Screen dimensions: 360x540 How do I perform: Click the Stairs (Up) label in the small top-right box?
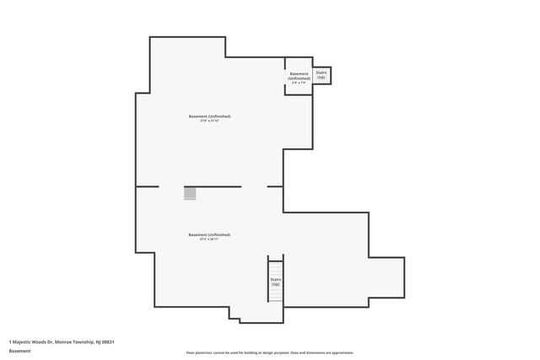pos(321,75)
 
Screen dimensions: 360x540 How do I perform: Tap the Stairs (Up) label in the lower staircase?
pos(276,282)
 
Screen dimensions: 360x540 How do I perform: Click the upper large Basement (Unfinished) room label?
pos(209,116)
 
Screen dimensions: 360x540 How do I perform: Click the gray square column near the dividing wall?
pos(190,193)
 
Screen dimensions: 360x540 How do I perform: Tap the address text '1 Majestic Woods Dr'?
pos(30,341)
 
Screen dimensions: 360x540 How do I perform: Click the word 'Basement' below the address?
pos(19,351)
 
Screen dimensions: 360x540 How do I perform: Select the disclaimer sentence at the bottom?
pos(270,352)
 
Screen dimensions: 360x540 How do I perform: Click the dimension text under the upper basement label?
pos(209,121)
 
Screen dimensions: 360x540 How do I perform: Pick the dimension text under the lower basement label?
pos(209,239)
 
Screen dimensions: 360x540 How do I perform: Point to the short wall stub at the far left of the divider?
pos(147,186)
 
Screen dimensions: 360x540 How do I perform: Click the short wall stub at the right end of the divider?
pos(275,186)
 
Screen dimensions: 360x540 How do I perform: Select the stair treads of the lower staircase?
pos(276,265)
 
